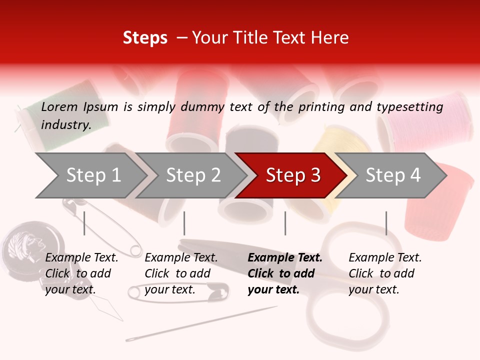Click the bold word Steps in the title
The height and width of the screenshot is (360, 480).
pos(145,38)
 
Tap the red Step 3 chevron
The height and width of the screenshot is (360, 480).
pos(293,175)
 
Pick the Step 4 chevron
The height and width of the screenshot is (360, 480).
pos(393,175)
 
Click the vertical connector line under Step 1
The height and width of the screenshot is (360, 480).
pos(84,223)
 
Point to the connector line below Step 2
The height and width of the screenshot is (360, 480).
pos(184,223)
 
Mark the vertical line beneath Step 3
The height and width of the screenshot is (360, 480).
pos(285,223)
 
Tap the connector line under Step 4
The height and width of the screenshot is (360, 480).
pos(386,223)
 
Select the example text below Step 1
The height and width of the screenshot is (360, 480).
pos(81,273)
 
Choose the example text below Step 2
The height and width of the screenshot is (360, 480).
pos(181,273)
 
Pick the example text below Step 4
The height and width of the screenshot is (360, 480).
pos(385,273)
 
